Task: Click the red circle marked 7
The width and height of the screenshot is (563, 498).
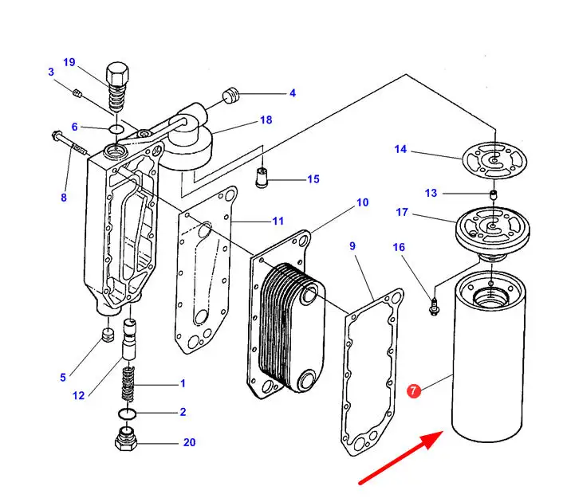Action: pos(414,391)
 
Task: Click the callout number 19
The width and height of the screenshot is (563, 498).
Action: pos(69,62)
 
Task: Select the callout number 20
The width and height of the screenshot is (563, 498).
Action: pos(188,442)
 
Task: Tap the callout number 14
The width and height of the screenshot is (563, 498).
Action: pos(400,149)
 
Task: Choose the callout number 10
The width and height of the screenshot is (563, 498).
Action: pos(362,202)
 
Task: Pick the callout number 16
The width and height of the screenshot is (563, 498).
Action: pos(399,248)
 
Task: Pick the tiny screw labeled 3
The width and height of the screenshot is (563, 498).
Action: pos(77,93)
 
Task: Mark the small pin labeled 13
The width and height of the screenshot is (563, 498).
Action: pos(494,194)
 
